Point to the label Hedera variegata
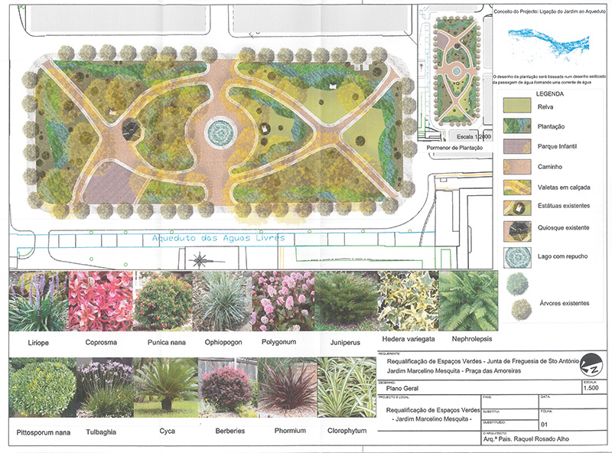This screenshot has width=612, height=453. click(x=409, y=338)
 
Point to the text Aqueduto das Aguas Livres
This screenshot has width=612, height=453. click(x=218, y=238)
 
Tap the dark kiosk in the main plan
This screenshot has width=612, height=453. click(x=129, y=129)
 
